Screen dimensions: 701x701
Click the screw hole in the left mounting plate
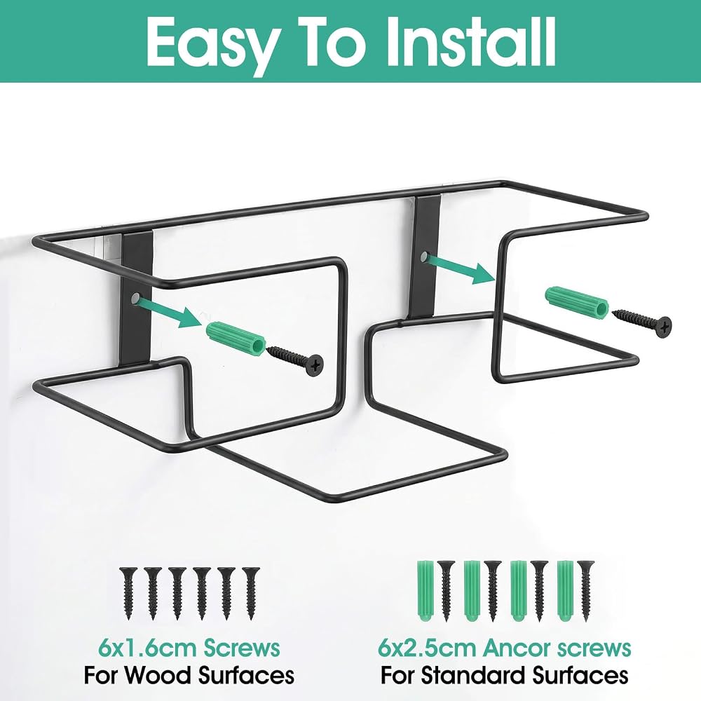click(x=135, y=298)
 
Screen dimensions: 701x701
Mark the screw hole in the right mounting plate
click(x=423, y=257)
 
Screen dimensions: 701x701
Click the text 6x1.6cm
click(x=147, y=648)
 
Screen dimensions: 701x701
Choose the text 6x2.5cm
click(x=427, y=648)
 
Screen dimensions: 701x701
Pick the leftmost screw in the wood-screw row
click(x=128, y=593)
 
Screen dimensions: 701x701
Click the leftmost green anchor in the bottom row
click(x=424, y=590)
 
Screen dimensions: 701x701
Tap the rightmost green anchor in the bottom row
click(x=565, y=590)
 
